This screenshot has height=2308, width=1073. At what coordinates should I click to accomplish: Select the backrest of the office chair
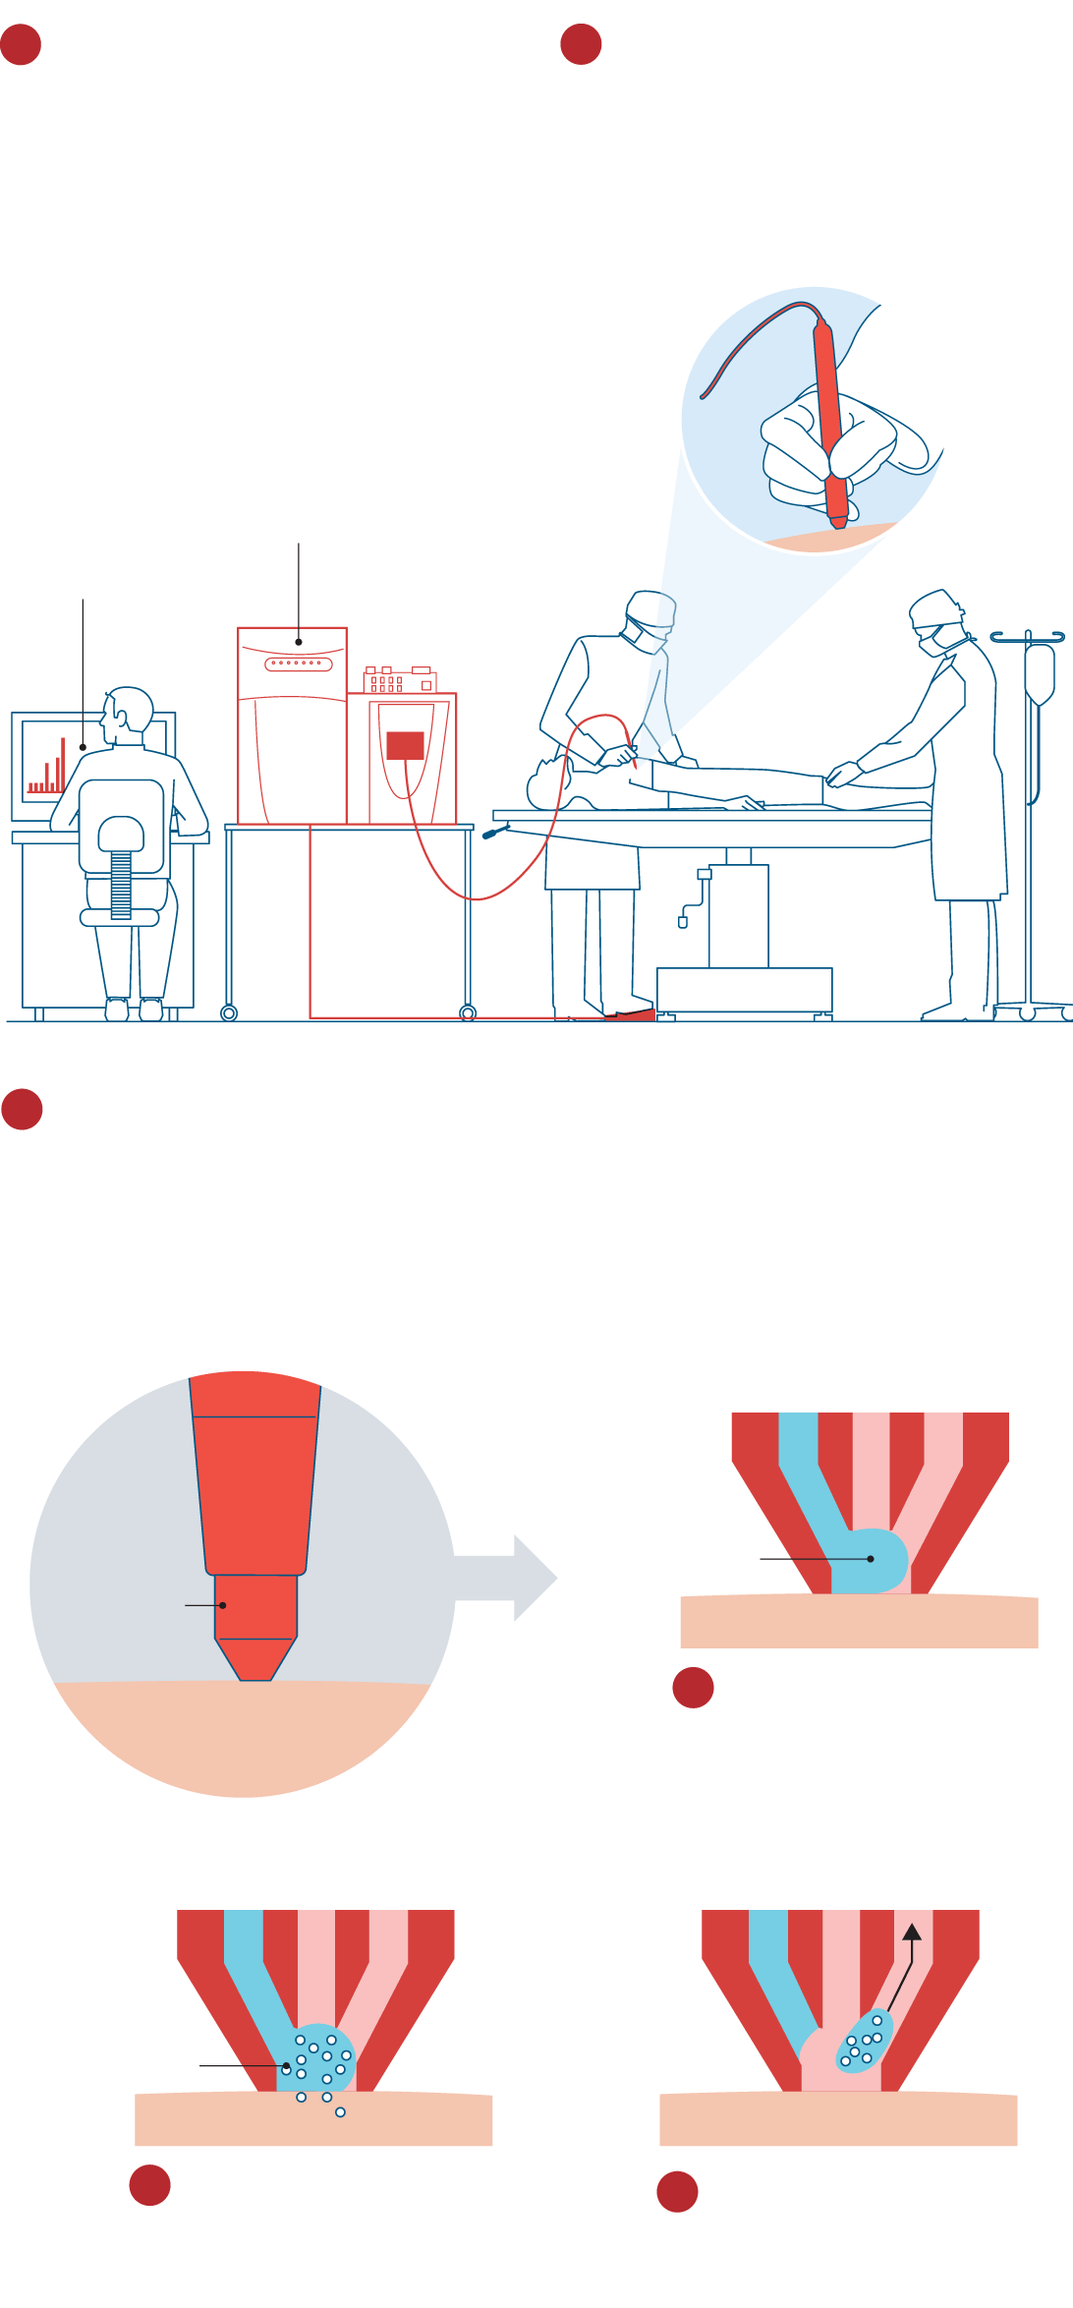[x=121, y=824]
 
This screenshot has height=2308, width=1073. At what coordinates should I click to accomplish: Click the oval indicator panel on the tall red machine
[x=299, y=664]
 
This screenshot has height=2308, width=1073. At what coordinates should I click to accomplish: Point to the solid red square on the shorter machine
[x=405, y=745]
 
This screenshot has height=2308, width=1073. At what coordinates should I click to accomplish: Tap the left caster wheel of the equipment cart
[x=229, y=1012]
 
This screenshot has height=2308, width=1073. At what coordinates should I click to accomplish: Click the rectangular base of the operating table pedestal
[x=744, y=989]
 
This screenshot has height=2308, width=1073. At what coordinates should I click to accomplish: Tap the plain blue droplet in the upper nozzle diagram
[x=871, y=1560]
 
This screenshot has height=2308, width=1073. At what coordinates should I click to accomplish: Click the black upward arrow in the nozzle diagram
[x=911, y=1933]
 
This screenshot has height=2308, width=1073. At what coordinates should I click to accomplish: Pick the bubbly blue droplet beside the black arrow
[x=864, y=2043]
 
